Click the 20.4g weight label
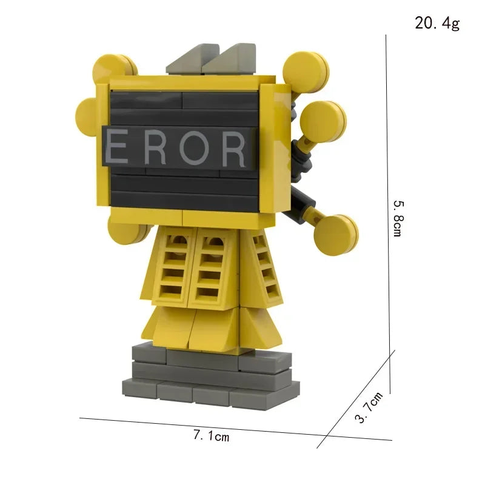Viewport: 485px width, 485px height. (436, 24)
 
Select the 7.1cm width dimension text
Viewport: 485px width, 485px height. (211, 435)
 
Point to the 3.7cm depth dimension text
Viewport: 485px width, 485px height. (369, 407)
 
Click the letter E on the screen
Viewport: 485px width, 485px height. (118, 149)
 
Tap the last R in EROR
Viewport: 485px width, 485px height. (233, 149)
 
